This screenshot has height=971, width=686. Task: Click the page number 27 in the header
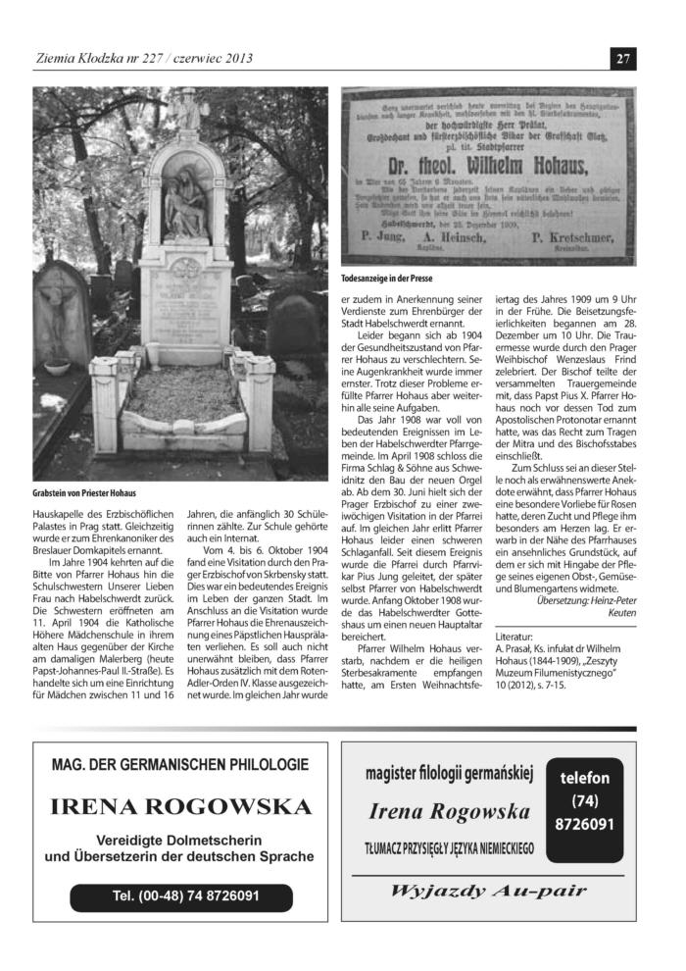[623, 58]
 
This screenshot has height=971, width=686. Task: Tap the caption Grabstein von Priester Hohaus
[84, 492]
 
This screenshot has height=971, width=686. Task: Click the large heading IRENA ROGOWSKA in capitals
[180, 807]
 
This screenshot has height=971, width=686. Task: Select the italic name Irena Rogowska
[450, 811]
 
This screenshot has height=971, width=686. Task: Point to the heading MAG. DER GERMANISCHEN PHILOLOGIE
[180, 764]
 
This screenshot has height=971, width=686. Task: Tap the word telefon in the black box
[584, 778]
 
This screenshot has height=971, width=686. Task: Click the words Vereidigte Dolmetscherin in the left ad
[180, 840]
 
